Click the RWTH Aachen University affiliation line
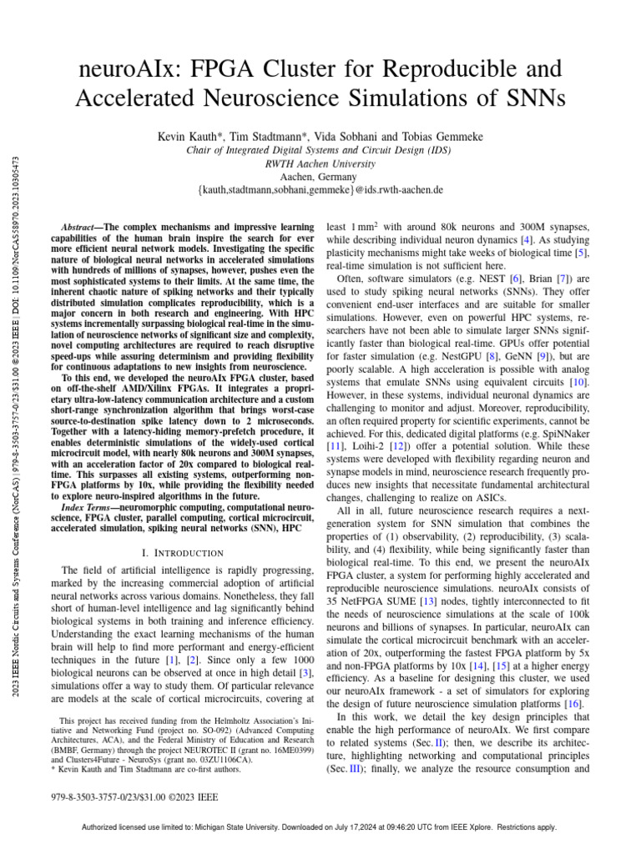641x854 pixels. click(320, 164)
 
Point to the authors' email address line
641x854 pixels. click(320, 191)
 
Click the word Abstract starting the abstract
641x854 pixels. click(82, 227)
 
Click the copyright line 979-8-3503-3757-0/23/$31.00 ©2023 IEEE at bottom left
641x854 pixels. click(134, 797)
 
